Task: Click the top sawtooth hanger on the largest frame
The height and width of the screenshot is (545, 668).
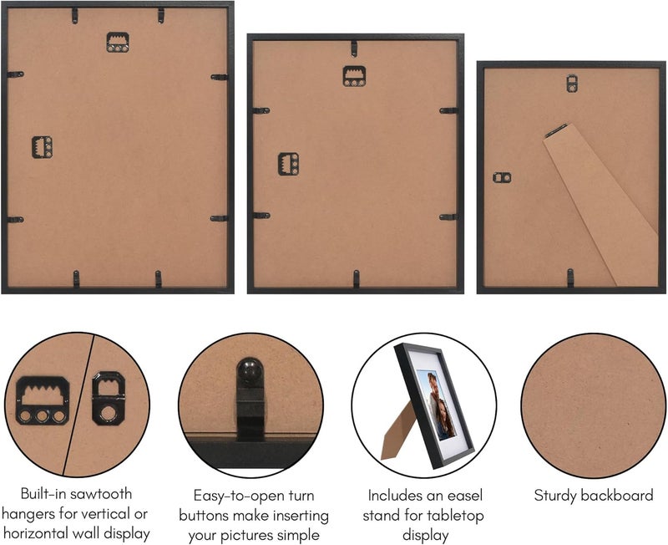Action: pyautogui.click(x=118, y=43)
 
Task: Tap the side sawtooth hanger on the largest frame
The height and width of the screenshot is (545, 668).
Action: pyautogui.click(x=42, y=147)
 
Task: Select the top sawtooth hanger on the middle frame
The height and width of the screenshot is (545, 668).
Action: pyautogui.click(x=354, y=76)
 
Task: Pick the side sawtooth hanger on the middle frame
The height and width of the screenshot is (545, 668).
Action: pyautogui.click(x=288, y=164)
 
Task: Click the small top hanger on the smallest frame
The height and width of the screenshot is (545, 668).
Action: pyautogui.click(x=572, y=83)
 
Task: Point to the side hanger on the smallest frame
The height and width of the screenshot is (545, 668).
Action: pyautogui.click(x=502, y=177)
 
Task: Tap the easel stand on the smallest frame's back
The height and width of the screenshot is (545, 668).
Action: pyautogui.click(x=601, y=204)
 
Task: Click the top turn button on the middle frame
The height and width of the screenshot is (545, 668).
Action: pyautogui.click(x=354, y=48)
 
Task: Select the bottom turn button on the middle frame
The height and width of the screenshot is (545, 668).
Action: pyautogui.click(x=357, y=278)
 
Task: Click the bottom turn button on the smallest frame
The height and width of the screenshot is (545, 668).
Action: pyautogui.click(x=570, y=278)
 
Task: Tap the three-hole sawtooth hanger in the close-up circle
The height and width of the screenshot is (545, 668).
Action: pyautogui.click(x=43, y=400)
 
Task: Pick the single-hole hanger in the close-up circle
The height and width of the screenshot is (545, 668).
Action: pyautogui.click(x=109, y=399)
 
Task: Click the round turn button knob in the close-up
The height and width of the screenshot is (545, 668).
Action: pyautogui.click(x=249, y=370)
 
